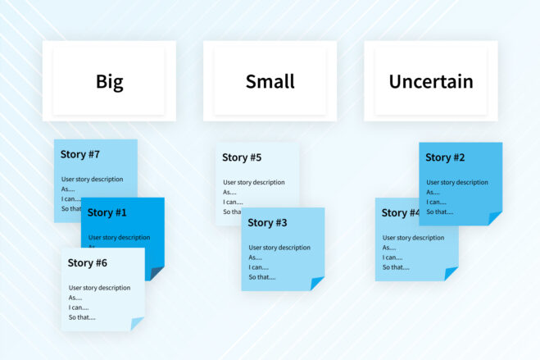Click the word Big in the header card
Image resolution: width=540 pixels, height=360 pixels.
(109, 82)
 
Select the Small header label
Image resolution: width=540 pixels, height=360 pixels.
(270, 82)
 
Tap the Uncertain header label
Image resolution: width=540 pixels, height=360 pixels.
(431, 82)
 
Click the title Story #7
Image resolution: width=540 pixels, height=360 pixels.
(80, 154)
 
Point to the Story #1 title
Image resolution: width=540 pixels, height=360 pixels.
(107, 212)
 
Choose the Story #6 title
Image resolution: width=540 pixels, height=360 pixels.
(88, 263)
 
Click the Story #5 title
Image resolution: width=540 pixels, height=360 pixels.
(242, 157)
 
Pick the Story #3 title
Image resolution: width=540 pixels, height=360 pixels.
(267, 222)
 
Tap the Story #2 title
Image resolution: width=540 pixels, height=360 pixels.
(445, 157)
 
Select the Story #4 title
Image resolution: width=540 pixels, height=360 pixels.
(400, 213)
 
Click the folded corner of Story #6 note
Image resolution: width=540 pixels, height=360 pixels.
(138, 324)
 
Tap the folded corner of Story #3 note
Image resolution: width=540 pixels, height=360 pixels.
(317, 284)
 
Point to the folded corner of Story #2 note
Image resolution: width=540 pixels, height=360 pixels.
(495, 218)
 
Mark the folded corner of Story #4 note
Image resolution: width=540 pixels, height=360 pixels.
(452, 274)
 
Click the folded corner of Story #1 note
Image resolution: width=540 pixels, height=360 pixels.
(157, 273)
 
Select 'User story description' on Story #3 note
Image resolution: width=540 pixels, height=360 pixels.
(279, 247)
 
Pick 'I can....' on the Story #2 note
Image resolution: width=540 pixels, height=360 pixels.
(436, 202)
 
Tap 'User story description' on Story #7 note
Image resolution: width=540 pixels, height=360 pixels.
(92, 179)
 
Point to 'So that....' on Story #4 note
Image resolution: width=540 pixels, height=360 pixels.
(396, 267)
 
